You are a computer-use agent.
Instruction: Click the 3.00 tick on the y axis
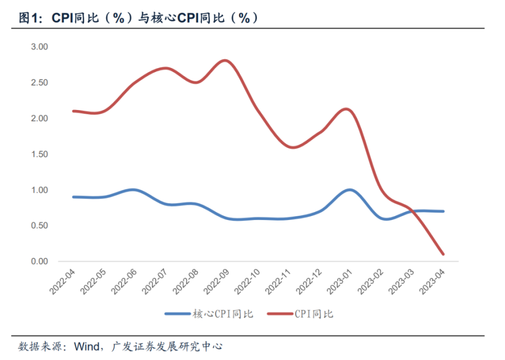pos(39,47)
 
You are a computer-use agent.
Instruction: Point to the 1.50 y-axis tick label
pos(39,154)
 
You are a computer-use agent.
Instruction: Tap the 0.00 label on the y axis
pos(39,262)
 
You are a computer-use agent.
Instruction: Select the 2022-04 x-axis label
pos(63,282)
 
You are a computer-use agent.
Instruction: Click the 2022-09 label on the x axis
pos(217,282)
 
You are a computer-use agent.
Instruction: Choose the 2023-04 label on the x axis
pos(432,282)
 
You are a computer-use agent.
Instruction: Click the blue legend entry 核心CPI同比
pos(209,314)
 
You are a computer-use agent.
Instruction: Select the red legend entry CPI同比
pos(300,314)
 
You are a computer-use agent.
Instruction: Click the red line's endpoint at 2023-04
pos(443,254)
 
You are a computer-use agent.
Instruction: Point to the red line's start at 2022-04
pos(74,111)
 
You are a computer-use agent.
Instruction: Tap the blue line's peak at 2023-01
pos(349,190)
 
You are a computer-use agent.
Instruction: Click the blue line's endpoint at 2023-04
pos(443,212)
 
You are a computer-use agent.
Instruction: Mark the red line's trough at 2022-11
pos(293,147)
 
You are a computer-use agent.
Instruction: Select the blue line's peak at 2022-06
pos(133,190)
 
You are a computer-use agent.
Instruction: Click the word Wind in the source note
pos(87,347)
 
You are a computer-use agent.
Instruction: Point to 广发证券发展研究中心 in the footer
pos(167,347)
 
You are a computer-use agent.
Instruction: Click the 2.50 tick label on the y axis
pos(39,83)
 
